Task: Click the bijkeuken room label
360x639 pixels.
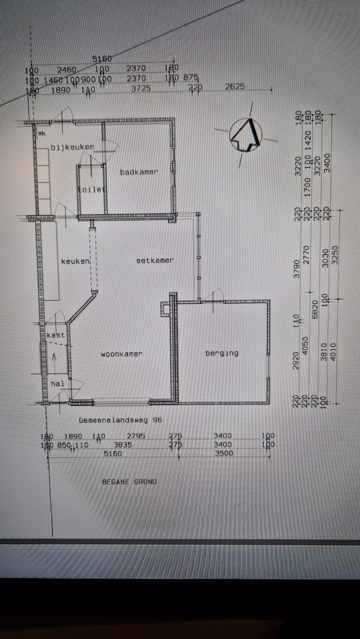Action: click(72, 146)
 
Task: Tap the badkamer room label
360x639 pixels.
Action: click(139, 172)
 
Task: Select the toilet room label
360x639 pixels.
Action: click(92, 189)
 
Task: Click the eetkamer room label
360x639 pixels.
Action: click(155, 260)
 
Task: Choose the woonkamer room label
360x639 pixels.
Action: click(121, 354)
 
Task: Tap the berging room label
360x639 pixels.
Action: click(222, 353)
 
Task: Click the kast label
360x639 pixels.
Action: click(55, 335)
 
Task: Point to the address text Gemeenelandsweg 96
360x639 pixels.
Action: click(120, 420)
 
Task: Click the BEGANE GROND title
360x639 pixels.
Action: click(129, 481)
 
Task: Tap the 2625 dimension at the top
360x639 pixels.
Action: click(235, 86)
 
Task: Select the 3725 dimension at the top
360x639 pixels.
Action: click(141, 88)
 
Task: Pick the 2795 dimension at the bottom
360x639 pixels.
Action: click(136, 436)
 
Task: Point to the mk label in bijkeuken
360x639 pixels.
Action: click(42, 133)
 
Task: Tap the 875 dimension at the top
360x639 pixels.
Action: click(191, 77)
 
